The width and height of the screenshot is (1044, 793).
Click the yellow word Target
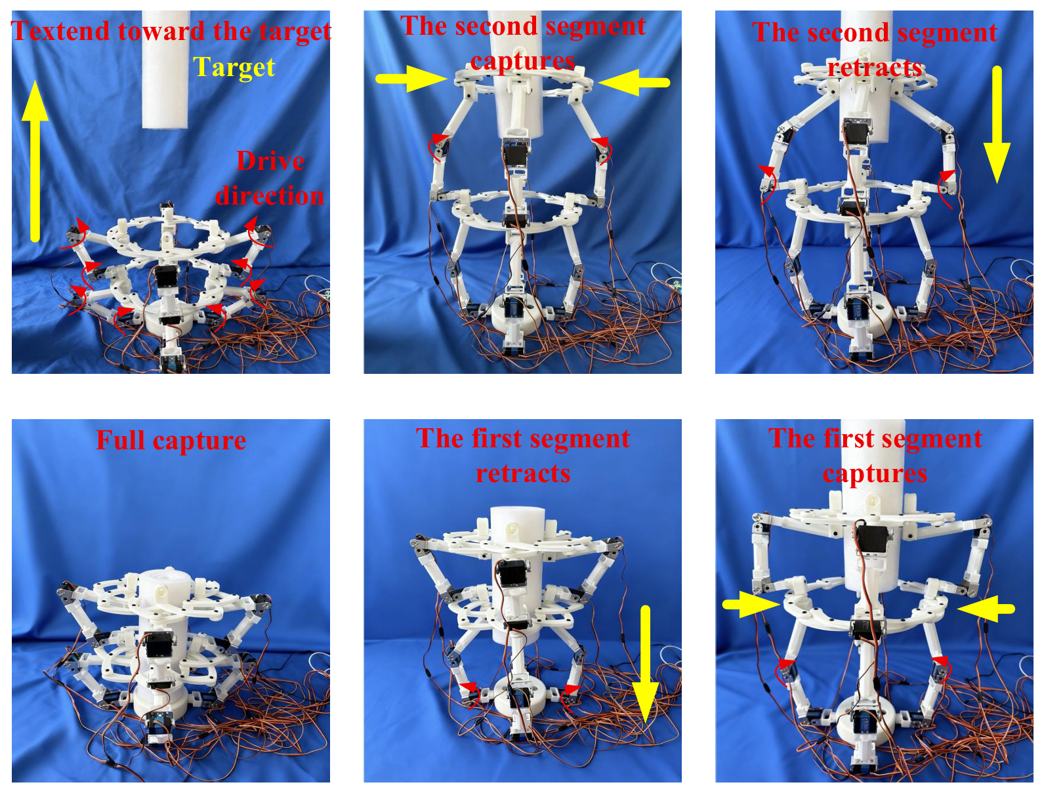(234, 68)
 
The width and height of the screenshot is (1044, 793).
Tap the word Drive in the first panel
(270, 161)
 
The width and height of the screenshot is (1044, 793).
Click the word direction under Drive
(270, 196)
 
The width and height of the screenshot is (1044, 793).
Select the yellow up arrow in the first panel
(35, 161)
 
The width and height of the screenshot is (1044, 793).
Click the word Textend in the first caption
(61, 31)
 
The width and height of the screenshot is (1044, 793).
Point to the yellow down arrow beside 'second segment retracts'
(997, 125)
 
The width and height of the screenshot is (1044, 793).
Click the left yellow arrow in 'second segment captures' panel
(411, 79)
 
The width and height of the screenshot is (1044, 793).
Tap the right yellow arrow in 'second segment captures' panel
(634, 82)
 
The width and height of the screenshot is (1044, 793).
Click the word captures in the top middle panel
(523, 62)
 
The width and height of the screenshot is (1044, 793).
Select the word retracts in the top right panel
(875, 68)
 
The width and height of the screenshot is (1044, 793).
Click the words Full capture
(171, 440)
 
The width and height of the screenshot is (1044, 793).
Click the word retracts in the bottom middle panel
(523, 473)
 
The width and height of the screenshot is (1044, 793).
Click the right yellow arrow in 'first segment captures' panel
(986, 609)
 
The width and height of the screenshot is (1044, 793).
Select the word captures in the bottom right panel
(875, 474)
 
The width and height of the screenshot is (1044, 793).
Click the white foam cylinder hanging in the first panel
(165, 70)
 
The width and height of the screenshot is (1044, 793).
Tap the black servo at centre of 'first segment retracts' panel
(510, 572)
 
